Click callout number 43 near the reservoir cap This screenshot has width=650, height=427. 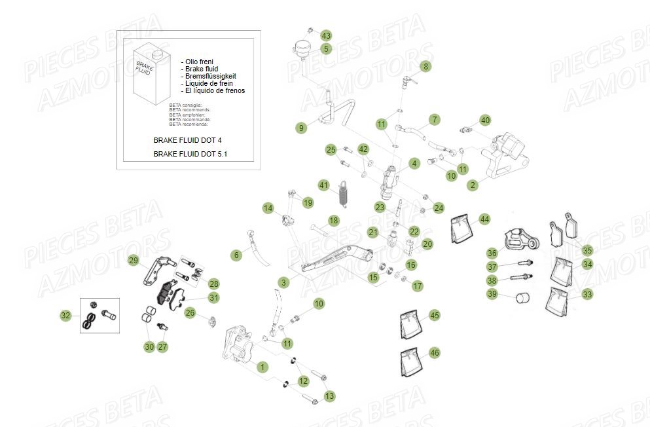[x=326, y=35]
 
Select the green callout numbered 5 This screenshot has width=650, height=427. [x=326, y=48]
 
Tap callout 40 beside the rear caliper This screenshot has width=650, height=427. [x=503, y=121]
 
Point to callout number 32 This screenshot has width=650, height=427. [x=65, y=316]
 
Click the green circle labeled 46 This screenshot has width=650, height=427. [x=435, y=353]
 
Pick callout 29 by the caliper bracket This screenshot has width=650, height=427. [x=134, y=261]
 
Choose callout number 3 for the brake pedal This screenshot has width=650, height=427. [x=283, y=282]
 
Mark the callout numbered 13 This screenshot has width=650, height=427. [x=329, y=396]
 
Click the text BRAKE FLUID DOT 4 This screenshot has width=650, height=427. [x=192, y=140]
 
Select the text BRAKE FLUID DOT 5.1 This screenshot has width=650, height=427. [x=194, y=155]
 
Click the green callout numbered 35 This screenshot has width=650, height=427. [x=587, y=250]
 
